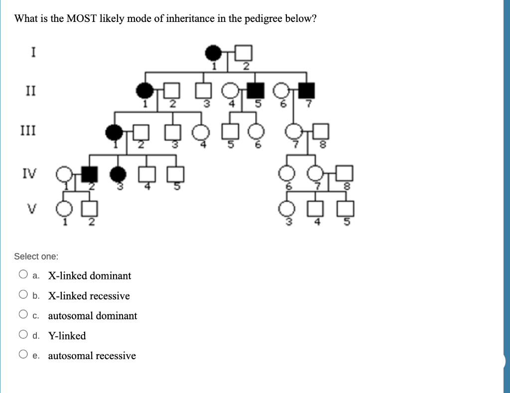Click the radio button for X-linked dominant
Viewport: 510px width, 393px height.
(23, 275)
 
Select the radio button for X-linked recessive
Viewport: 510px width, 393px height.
(23, 295)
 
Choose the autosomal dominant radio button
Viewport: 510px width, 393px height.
(23, 315)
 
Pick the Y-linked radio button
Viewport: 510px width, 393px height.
(23, 335)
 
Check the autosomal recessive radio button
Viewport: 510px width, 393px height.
(23, 355)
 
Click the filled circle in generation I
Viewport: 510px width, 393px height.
(213, 52)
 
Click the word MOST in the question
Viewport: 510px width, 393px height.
(82, 19)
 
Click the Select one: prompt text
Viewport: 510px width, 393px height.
(36, 257)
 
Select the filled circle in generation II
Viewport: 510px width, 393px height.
(145, 91)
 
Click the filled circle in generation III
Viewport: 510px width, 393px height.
(114, 132)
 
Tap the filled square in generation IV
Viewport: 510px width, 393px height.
(90, 174)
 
